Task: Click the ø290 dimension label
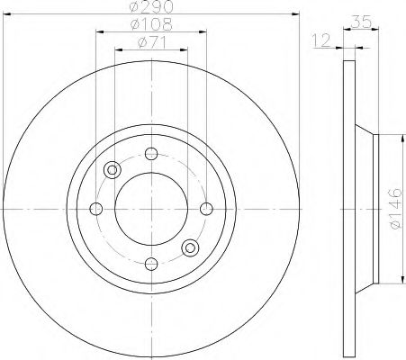tap(152, 6)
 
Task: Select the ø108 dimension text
tap(152, 24)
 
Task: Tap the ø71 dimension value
tap(152, 42)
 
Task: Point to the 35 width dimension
tap(361, 22)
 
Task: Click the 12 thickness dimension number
tap(321, 40)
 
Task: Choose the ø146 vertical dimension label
tap(395, 208)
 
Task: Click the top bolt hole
tap(151, 154)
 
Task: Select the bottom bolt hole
tap(151, 264)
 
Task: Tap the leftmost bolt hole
tap(96, 209)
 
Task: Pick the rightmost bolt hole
tap(206, 209)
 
